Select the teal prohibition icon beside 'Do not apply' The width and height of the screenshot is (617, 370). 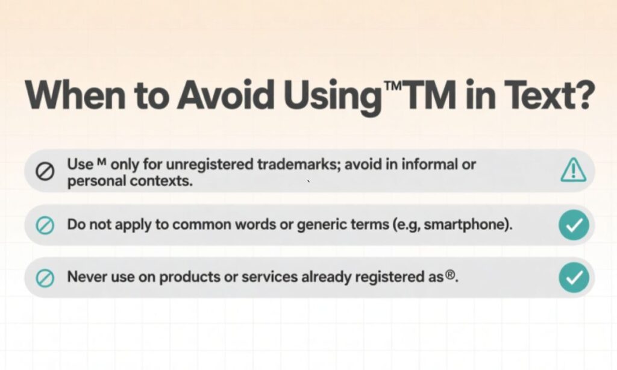46,226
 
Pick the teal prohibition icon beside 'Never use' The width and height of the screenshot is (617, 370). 46,278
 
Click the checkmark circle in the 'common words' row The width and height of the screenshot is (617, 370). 573,225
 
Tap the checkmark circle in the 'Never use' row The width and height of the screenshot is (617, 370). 573,278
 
